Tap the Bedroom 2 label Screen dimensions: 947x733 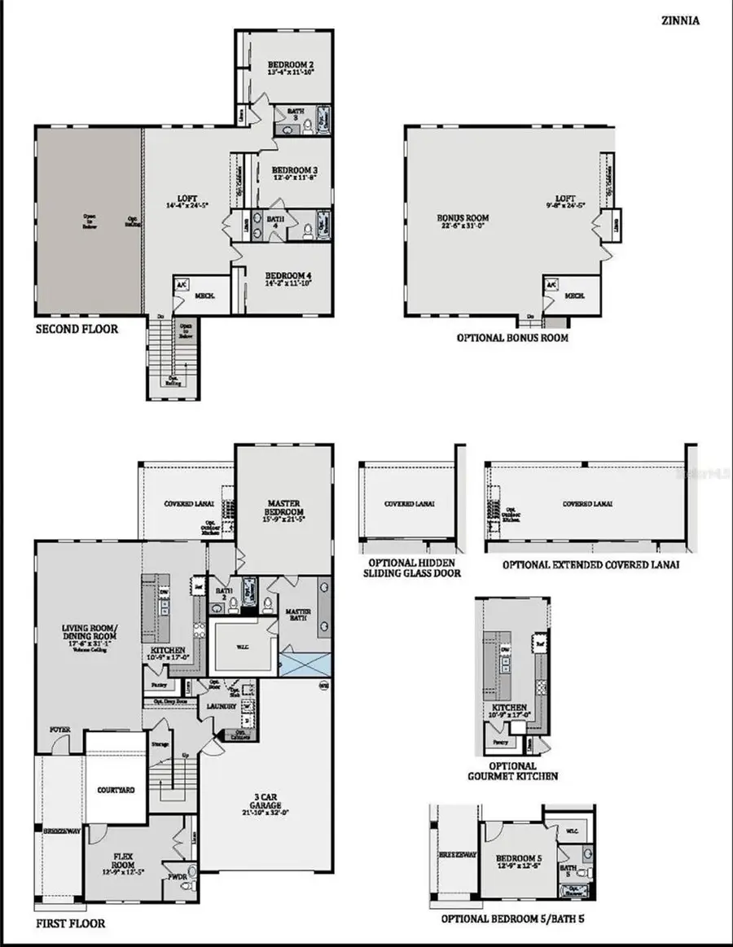tap(291, 66)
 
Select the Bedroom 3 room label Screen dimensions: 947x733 tap(294, 170)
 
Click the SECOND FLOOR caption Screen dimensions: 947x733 tap(76, 330)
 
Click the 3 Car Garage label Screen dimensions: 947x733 tap(265, 802)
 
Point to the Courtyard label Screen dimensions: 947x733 tap(116, 790)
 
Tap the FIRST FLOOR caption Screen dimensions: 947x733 tap(70, 924)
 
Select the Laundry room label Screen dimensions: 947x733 tap(221, 706)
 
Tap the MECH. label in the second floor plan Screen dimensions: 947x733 tap(204, 296)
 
